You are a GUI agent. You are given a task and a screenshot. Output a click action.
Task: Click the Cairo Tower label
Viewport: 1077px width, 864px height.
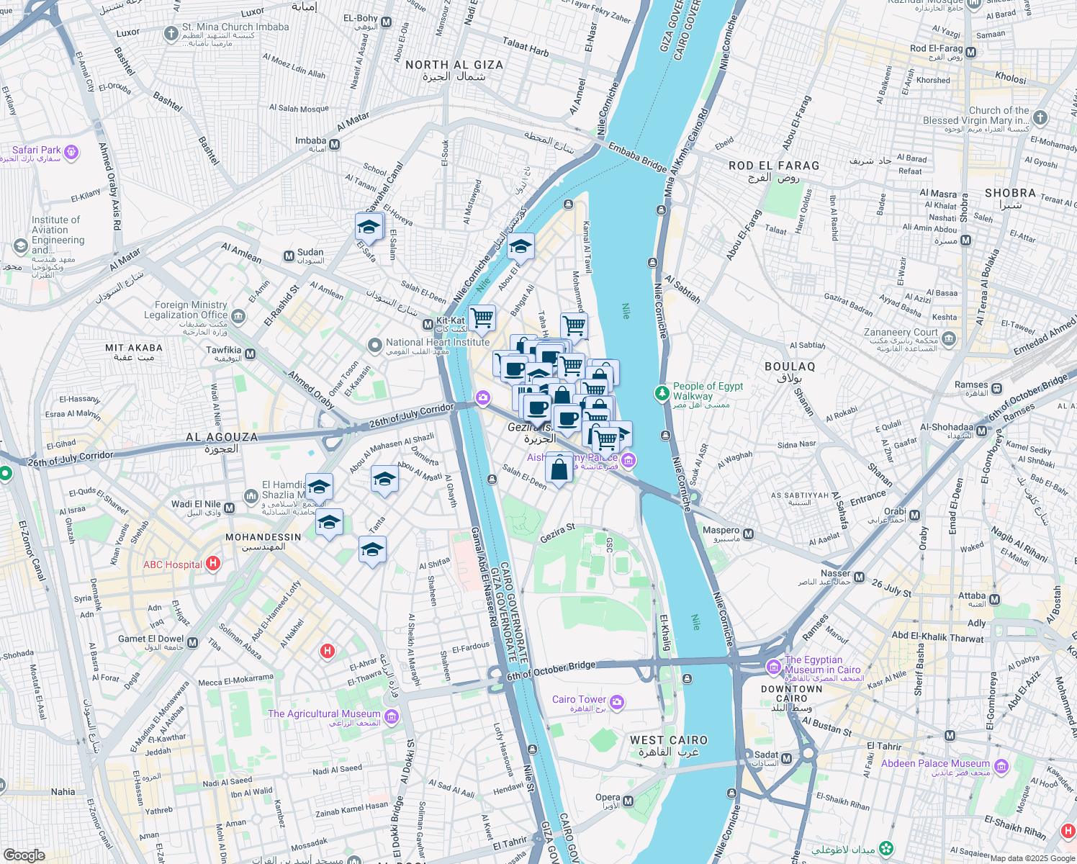pos(579,699)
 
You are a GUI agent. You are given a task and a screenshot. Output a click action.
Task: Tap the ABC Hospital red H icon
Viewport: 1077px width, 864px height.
pos(213,564)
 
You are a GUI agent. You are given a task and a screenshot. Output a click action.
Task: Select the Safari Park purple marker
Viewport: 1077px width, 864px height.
pos(71,151)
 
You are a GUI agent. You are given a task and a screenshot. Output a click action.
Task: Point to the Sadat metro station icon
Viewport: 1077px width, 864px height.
pos(786,758)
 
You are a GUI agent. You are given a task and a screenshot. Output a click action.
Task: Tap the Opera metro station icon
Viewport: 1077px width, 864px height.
pos(628,801)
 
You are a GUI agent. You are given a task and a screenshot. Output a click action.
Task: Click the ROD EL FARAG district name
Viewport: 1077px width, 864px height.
pos(774,166)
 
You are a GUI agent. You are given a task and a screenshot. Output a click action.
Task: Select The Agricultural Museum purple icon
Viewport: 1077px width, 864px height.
pos(392,716)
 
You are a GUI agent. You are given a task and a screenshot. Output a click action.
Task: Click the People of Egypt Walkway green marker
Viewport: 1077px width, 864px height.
pos(662,393)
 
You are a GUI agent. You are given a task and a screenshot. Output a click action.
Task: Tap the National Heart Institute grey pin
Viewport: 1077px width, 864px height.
pos(374,346)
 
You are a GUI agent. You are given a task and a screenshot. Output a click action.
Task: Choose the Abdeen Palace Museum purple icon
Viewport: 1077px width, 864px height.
pos(1001,766)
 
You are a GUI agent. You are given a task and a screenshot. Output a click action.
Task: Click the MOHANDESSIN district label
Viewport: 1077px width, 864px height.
pos(263,537)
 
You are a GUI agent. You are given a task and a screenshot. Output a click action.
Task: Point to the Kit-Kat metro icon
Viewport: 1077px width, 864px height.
pos(428,323)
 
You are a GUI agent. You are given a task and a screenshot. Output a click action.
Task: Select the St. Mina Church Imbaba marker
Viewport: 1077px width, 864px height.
pos(171,33)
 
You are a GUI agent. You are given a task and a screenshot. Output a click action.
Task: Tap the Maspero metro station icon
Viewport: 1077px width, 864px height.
pos(749,534)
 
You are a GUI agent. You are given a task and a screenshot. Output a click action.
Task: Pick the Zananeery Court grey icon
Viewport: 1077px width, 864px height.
pos(949,338)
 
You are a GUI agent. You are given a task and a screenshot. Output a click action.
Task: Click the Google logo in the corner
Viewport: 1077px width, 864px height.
pos(24,855)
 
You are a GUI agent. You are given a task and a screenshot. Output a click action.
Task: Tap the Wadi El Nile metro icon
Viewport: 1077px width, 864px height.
pos(229,508)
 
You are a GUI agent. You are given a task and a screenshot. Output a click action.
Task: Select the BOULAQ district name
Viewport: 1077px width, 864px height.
pos(790,366)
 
